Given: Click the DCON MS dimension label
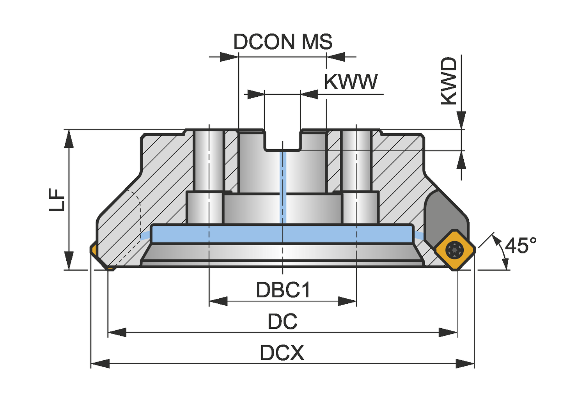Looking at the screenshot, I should tap(283, 42).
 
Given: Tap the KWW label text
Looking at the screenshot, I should tap(351, 82).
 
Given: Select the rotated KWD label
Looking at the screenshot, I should tap(448, 81).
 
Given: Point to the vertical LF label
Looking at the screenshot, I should tap(57, 200).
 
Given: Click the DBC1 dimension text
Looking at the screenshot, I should tap(283, 290).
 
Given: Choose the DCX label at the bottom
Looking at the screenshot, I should tap(282, 353).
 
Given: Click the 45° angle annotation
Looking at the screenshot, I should tap(521, 246).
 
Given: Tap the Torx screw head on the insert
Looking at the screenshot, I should tap(455, 250).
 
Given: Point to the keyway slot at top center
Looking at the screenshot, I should tap(283, 140).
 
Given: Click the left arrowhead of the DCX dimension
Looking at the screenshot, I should tap(100, 364).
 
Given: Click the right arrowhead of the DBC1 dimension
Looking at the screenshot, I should tap(347, 301).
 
